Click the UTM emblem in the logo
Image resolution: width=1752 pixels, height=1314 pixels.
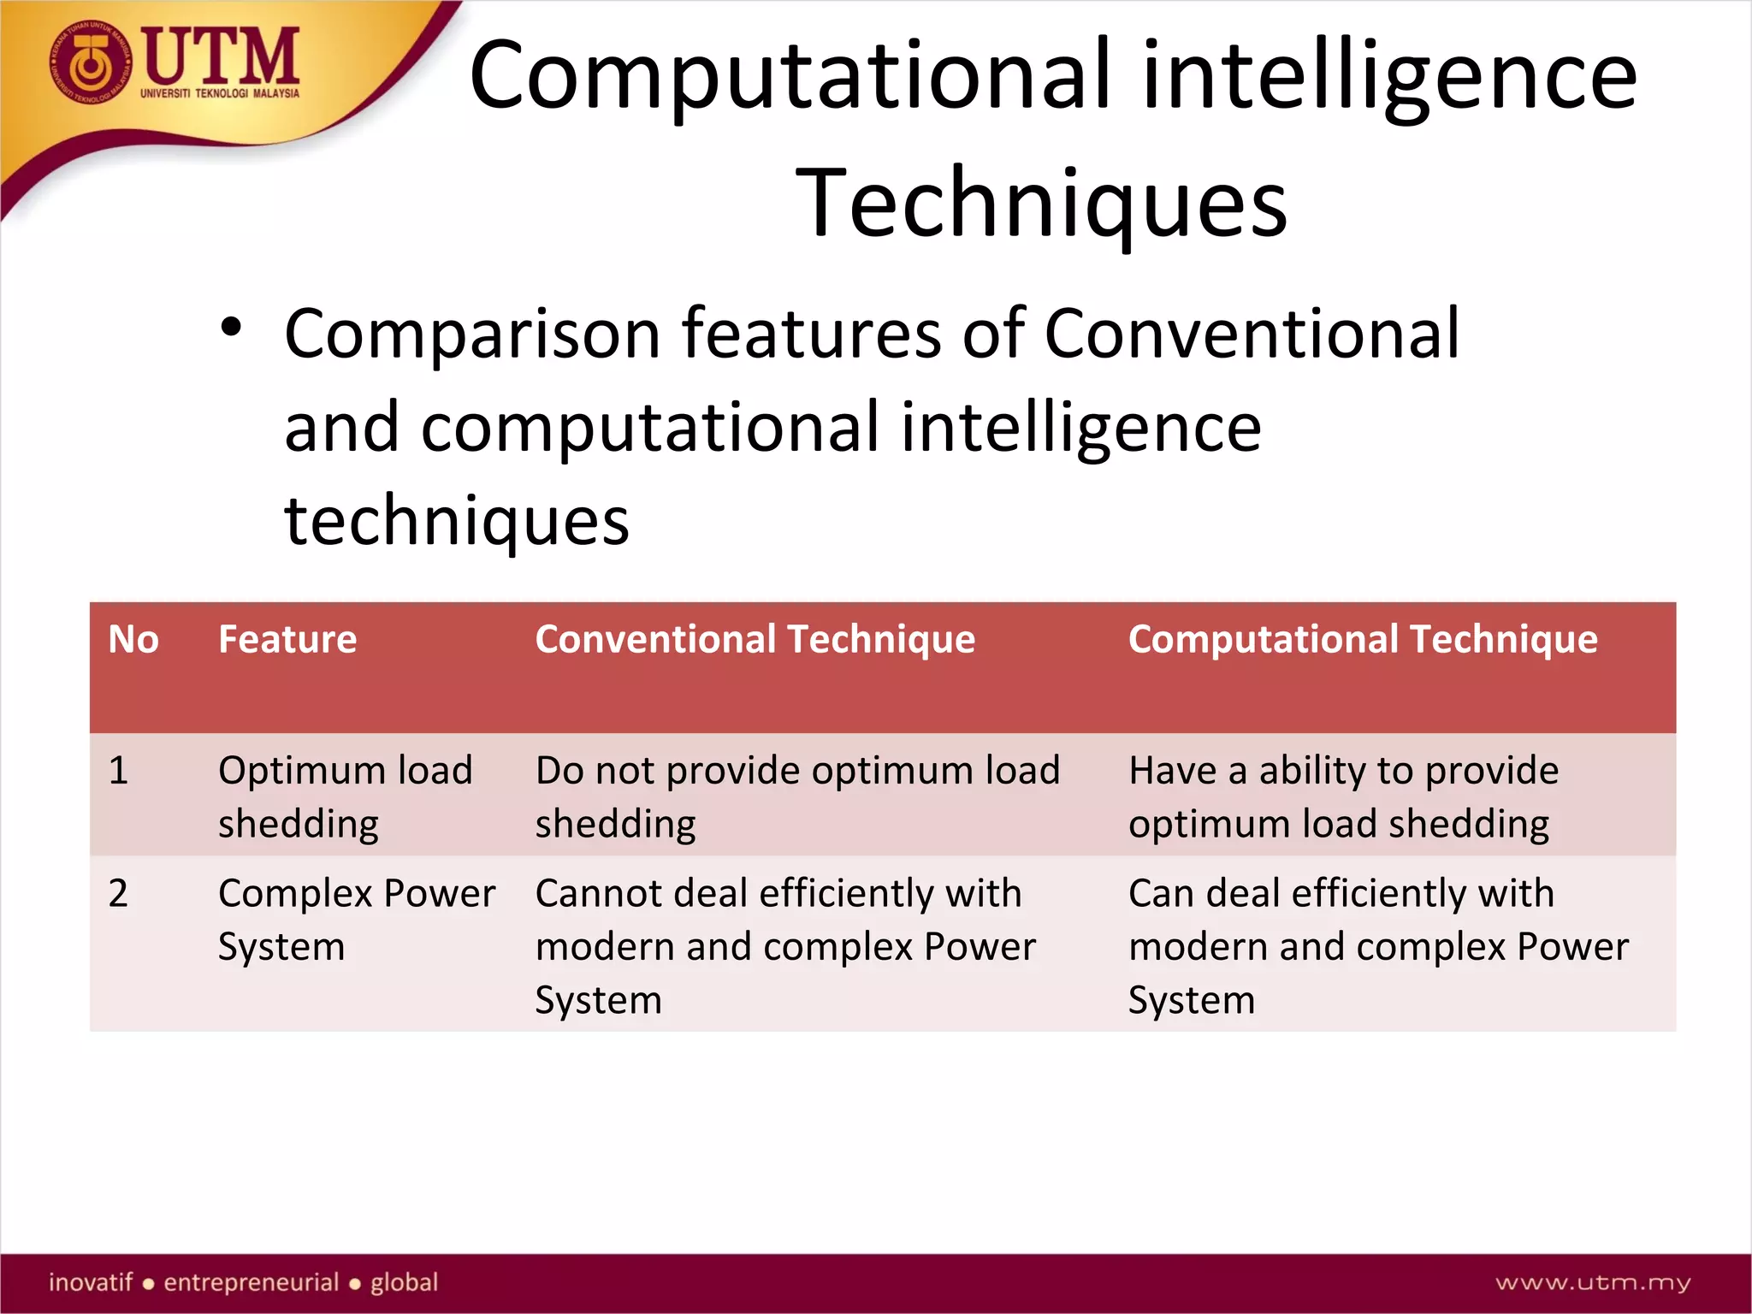click(x=89, y=64)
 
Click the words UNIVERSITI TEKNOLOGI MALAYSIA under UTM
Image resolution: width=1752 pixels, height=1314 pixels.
click(x=220, y=93)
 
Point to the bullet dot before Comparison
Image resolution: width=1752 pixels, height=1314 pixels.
click(x=231, y=328)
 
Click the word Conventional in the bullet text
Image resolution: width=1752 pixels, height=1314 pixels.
click(x=1252, y=334)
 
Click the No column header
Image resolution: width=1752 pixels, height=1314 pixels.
click(x=133, y=640)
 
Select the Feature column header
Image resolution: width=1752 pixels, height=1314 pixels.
click(x=287, y=640)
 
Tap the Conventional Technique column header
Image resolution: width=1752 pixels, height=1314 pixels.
click(x=755, y=640)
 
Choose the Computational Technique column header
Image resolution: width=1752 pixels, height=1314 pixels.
click(x=1362, y=640)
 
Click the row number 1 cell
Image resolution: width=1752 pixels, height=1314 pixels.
click(x=118, y=771)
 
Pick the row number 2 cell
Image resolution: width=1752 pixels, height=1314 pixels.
click(x=118, y=894)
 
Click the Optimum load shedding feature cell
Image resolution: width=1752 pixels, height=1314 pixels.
click(x=345, y=796)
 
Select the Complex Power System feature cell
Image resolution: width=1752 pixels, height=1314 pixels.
click(x=356, y=920)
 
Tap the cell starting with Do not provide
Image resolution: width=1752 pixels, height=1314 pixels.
click(x=797, y=796)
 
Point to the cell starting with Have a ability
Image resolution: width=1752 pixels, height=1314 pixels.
click(x=1343, y=796)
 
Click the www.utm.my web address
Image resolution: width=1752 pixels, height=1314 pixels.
click(x=1593, y=1282)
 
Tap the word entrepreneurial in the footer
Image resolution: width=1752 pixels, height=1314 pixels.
click(x=252, y=1282)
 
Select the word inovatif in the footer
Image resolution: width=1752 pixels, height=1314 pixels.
click(x=91, y=1282)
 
